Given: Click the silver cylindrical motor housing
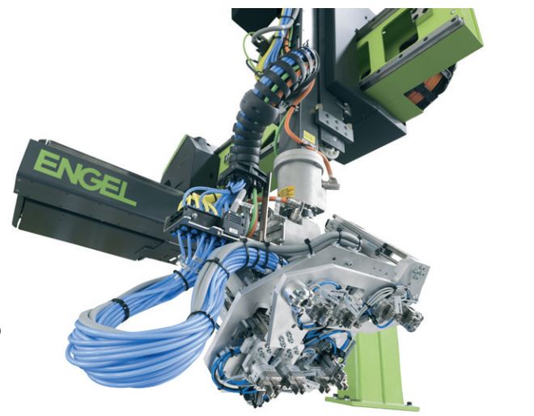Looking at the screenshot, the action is [x=299, y=180].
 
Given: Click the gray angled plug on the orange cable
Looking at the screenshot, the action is [x=332, y=185].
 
